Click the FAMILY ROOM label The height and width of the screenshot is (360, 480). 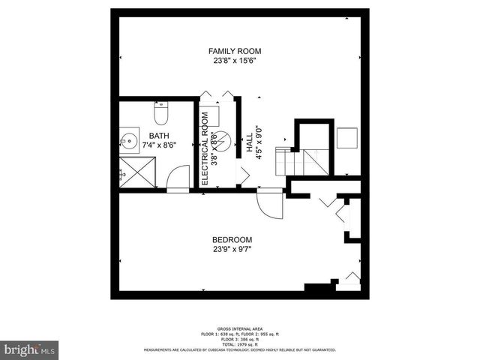[x=235, y=51]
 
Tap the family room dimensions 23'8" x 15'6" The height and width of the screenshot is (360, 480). [x=235, y=61]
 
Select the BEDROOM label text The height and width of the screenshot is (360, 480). [x=232, y=239]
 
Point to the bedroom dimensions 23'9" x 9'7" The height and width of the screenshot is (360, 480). [x=232, y=250]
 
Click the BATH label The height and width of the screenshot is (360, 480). [x=158, y=136]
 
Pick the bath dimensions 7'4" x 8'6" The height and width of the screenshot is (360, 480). [x=158, y=145]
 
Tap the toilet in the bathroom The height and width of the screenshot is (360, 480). [x=160, y=113]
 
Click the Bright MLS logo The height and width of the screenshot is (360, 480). [x=30, y=349]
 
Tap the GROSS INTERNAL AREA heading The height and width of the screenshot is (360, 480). [x=239, y=329]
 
